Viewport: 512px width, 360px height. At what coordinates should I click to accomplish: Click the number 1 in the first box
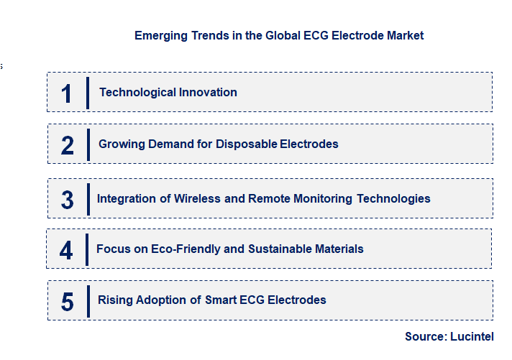point(67,93)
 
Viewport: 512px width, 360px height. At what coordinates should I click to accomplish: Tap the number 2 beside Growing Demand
point(68,145)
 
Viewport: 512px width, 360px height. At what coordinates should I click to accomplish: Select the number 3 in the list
point(68,200)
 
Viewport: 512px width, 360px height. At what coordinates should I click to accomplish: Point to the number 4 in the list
point(67,250)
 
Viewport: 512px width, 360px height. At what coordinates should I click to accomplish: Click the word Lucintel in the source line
point(472,336)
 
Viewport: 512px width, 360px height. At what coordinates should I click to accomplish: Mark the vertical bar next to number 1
point(88,93)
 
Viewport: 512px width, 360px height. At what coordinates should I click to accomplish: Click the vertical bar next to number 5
point(88,300)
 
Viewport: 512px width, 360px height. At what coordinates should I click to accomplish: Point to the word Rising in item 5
point(114,300)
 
